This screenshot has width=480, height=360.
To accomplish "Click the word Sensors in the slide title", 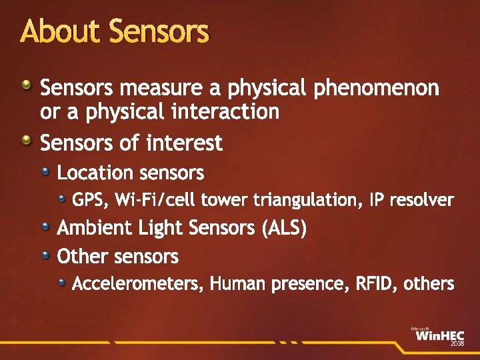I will (158, 31).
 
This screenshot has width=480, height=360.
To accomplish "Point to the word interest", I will (184, 143).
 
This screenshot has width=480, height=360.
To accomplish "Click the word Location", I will (95, 173).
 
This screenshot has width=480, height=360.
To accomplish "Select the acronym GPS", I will (89, 200).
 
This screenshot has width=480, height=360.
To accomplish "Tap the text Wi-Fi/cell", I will (155, 200).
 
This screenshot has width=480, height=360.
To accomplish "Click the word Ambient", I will (95, 229).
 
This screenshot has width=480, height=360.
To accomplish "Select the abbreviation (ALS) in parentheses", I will (285, 229).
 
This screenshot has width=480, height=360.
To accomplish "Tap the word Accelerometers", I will (138, 285).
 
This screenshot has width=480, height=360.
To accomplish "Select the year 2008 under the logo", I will (457, 344).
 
